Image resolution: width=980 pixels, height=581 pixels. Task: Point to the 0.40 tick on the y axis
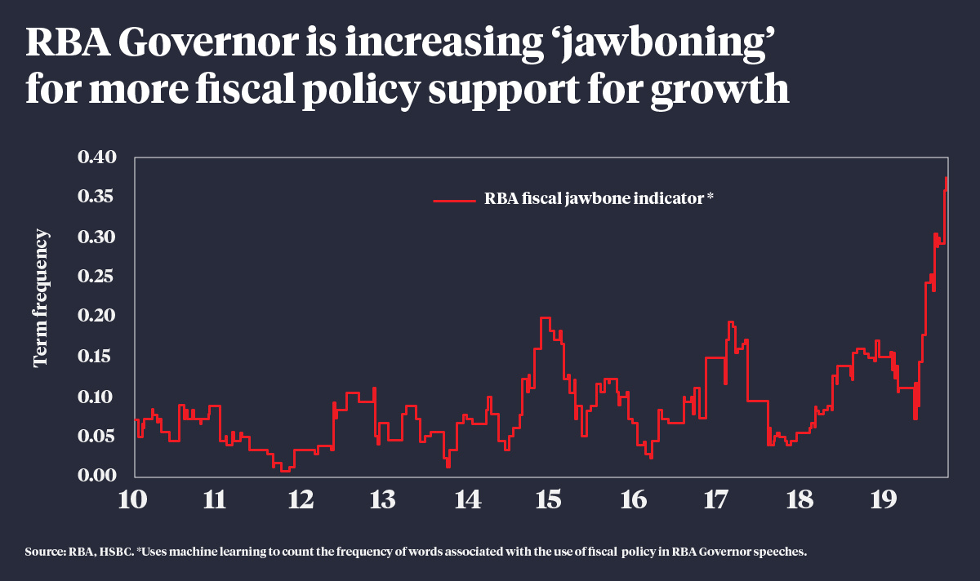click(x=97, y=157)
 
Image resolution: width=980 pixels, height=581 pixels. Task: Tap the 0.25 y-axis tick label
click(x=97, y=277)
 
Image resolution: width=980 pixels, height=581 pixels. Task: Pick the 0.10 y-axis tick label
click(x=97, y=397)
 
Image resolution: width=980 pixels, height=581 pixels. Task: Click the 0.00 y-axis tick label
click(x=97, y=476)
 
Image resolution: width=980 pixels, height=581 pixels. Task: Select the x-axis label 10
click(x=133, y=499)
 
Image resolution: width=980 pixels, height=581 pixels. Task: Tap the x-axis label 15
click(x=549, y=499)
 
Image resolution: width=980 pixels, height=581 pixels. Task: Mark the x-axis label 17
click(x=715, y=499)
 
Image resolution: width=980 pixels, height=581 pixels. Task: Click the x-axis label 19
click(x=883, y=499)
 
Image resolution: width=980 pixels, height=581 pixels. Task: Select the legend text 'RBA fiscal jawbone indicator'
click(x=594, y=198)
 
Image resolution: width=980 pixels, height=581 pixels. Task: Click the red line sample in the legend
click(x=453, y=198)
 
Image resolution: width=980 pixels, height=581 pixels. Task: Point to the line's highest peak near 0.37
click(x=947, y=177)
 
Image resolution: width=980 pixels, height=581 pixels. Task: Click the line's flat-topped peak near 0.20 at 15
click(x=546, y=317)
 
